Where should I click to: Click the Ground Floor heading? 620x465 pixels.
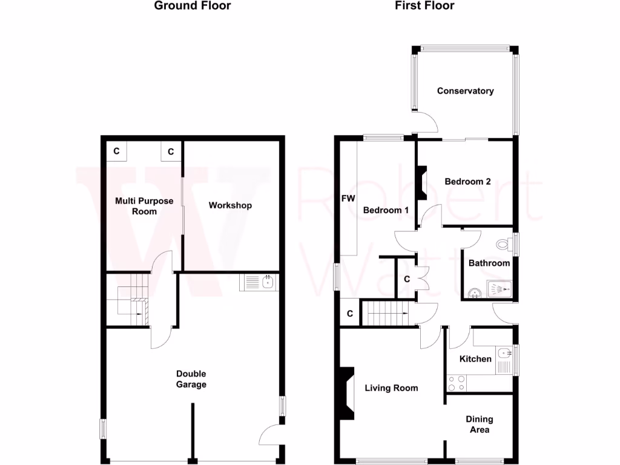[x=192, y=6]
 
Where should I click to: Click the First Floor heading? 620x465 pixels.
[x=424, y=6]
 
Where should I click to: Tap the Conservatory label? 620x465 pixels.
[x=465, y=91]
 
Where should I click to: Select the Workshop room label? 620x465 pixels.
[x=230, y=205]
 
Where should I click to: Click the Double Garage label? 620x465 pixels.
[x=191, y=379]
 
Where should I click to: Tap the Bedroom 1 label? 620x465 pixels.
[x=386, y=210]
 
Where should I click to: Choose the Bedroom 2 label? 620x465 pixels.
[x=467, y=181]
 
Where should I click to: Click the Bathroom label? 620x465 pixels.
[x=489, y=263]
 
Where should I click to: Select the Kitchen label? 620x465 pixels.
[x=475, y=358]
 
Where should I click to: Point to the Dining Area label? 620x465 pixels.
[x=479, y=424]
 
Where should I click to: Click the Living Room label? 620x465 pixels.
[x=391, y=387]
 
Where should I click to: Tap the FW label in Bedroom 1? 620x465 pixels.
[x=348, y=199]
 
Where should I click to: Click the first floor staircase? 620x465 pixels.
[x=386, y=314]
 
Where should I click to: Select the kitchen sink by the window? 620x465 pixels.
[x=504, y=352]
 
